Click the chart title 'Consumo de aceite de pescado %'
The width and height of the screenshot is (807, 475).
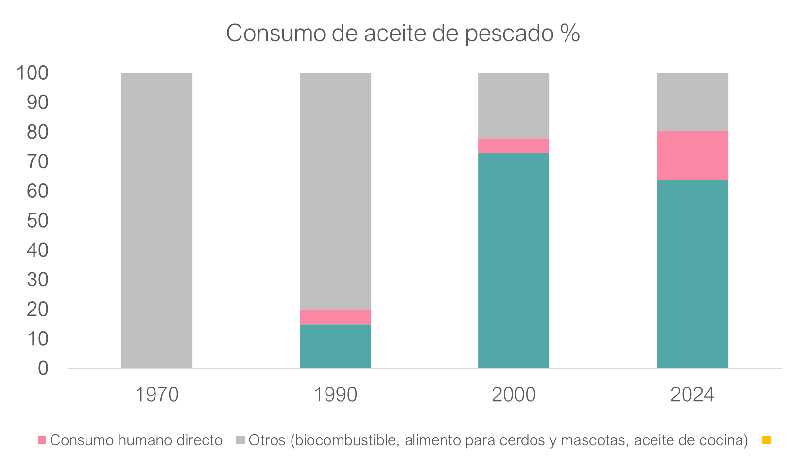coord(403,34)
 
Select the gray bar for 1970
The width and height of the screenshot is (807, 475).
coord(156,220)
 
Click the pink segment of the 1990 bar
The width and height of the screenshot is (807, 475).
coord(335,317)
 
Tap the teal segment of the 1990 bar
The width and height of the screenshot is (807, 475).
coord(335,346)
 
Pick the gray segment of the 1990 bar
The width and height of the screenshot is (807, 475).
coord(335,191)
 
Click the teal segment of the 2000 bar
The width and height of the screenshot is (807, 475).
coord(514,261)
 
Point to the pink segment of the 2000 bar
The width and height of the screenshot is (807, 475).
coord(514,146)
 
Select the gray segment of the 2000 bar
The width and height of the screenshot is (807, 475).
coord(514,106)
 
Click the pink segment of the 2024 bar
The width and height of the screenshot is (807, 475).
coord(692,156)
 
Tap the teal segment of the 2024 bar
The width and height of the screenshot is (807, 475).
coord(692,274)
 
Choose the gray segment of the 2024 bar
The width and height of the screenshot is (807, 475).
coord(692,102)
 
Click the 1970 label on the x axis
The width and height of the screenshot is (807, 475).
coord(156,395)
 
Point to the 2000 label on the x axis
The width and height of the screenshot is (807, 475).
coord(514,395)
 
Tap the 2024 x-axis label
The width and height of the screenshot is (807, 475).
coord(692,395)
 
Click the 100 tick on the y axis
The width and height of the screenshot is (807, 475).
coord(33,73)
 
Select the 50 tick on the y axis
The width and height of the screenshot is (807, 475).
coord(38,221)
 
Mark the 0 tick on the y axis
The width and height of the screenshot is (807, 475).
coord(43,369)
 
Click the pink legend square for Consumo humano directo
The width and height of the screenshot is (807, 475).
coord(42,440)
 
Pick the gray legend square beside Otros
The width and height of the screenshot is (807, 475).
coord(240,440)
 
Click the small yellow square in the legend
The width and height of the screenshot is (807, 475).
coord(767,440)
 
